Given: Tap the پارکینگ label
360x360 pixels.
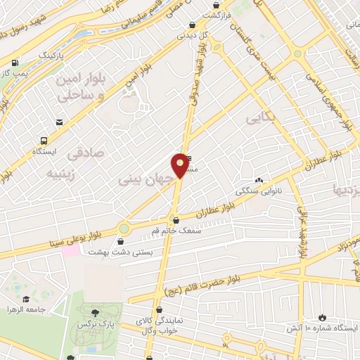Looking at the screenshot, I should click(x=50, y=53).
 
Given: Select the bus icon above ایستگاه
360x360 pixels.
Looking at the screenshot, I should click(x=44, y=140).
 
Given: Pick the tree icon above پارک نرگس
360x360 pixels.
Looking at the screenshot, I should click(x=94, y=311).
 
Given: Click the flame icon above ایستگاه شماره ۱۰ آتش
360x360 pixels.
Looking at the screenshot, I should click(x=323, y=317).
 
